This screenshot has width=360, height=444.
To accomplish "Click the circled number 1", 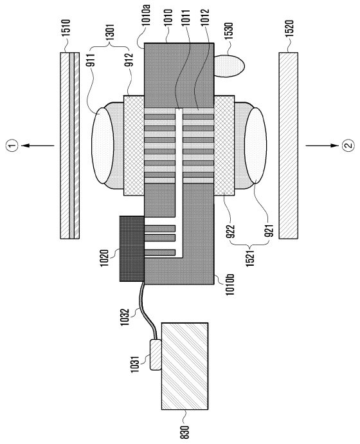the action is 12,145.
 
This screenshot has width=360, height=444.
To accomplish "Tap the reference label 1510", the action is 67,27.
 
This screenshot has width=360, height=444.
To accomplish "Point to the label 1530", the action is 228,32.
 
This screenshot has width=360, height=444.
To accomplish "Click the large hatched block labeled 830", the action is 185,366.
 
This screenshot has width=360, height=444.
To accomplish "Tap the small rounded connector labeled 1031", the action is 156,355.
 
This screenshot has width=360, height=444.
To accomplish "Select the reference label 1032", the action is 125,317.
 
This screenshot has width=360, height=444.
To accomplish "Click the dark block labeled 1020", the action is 132,248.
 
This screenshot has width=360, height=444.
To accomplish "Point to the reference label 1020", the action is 104,257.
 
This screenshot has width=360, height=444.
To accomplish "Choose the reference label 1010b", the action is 230,285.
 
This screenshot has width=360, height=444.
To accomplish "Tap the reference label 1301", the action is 111,32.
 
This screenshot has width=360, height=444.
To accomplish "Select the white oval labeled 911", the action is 103,147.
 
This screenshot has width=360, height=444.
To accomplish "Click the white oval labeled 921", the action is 255,146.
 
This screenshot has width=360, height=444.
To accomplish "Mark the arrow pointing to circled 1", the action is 38,145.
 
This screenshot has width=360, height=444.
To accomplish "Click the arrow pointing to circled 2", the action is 322,145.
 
